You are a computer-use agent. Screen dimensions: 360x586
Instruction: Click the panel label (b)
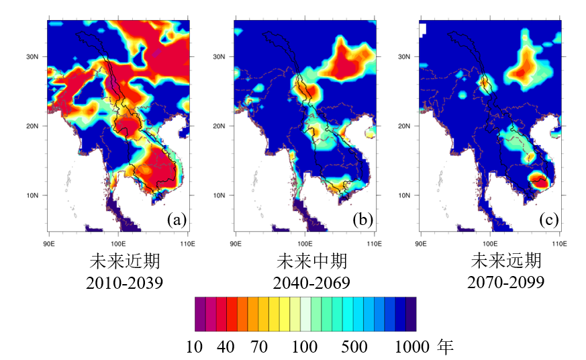pyautogui.click(x=362, y=220)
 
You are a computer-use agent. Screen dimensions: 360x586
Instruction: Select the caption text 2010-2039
pyautogui.click(x=124, y=283)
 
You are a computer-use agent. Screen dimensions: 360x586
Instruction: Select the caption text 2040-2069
pyautogui.click(x=311, y=283)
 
